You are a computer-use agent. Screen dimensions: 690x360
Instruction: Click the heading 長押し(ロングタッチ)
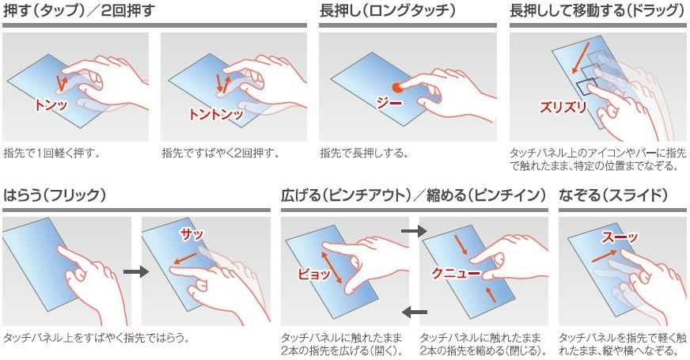387,10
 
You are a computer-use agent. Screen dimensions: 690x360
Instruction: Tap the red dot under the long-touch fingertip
397,88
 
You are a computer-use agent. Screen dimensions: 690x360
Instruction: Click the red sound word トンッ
51,104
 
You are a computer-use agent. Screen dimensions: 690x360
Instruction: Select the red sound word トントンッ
215,115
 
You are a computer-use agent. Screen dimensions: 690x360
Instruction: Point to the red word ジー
389,103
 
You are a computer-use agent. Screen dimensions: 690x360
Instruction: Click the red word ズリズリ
563,107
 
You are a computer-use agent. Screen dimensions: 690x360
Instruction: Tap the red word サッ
191,234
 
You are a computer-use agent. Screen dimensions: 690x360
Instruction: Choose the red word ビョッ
314,274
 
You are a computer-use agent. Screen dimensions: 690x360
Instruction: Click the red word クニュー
456,273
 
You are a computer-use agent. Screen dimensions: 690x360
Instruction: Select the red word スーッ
620,237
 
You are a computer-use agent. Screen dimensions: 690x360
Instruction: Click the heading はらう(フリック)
54,195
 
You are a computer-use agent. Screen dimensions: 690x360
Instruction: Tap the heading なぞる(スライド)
613,195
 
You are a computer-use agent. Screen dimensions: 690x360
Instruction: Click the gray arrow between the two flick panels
136,271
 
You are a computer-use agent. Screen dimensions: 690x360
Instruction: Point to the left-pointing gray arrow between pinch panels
415,313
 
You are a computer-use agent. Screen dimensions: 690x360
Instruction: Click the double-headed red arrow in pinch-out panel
332,267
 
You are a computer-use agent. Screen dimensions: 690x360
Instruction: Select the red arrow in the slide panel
605,256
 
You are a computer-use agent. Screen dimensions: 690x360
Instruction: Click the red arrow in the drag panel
581,58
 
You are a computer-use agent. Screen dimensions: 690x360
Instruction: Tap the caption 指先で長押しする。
364,153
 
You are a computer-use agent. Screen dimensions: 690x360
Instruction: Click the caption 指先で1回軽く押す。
52,153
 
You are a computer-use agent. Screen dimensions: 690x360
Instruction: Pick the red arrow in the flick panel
185,258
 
